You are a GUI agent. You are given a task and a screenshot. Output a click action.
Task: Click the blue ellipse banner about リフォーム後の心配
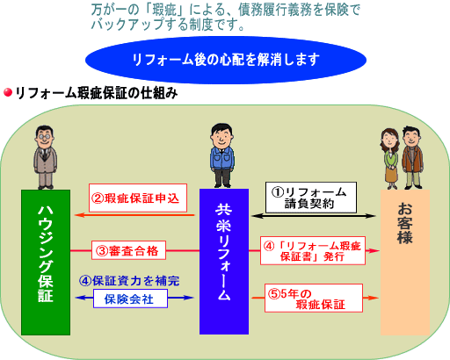click(226, 60)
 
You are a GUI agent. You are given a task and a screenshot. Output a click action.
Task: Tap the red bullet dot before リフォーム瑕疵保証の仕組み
click(8, 92)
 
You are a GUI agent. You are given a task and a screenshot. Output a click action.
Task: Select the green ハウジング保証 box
click(46, 263)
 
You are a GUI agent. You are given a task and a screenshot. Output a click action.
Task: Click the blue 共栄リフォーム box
click(224, 262)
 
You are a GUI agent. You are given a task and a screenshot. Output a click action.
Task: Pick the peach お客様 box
click(405, 263)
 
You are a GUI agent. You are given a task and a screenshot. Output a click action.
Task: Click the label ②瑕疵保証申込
click(138, 198)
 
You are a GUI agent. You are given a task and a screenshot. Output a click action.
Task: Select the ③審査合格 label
click(128, 250)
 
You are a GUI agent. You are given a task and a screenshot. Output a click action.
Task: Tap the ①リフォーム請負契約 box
click(311, 198)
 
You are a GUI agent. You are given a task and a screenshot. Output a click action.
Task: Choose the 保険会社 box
click(130, 299)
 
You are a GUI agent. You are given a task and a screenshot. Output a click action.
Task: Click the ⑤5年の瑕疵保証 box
click(314, 298)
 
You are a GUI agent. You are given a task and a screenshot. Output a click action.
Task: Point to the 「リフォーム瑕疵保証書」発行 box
click(313, 250)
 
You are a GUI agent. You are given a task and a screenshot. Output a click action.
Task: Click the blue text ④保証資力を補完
click(129, 281)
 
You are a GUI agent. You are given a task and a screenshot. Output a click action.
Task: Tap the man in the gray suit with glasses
click(45, 157)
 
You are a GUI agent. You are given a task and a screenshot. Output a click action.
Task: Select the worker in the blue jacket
click(222, 155)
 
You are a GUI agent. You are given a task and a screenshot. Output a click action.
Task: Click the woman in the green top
click(390, 158)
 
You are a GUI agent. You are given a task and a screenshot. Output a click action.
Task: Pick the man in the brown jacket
click(412, 157)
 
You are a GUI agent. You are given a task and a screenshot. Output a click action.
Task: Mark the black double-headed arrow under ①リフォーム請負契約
click(314, 216)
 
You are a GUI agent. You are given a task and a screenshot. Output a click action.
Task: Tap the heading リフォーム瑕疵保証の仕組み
click(97, 93)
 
